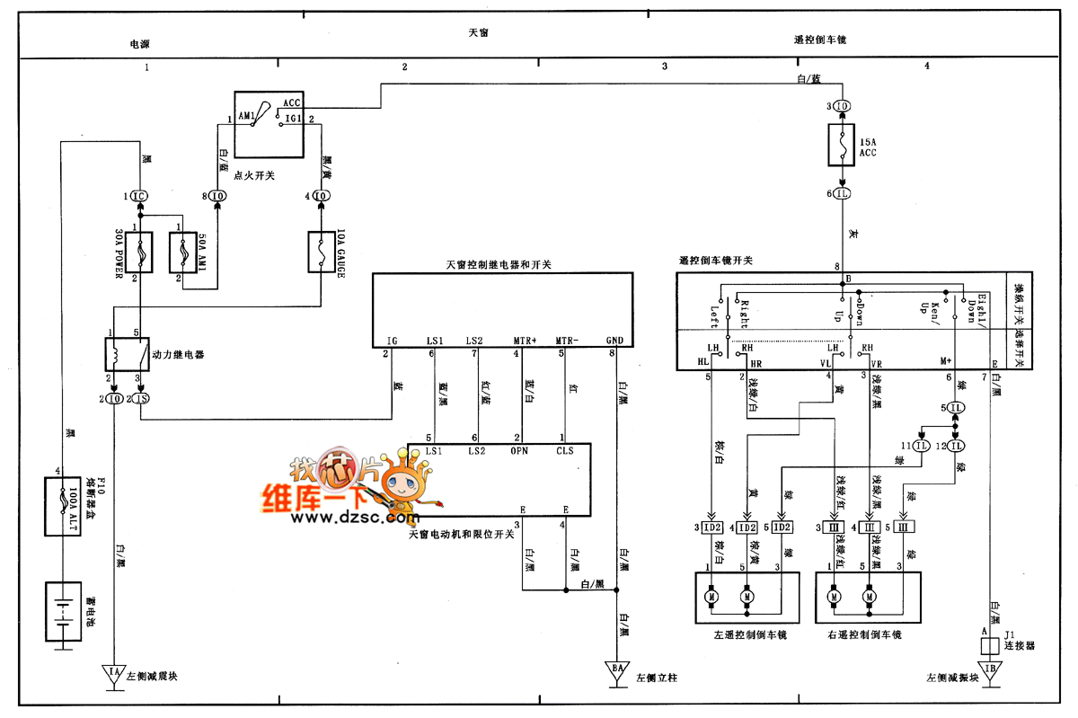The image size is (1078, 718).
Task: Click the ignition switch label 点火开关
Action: coord(253,176)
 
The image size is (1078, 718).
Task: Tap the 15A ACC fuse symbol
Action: coord(841,145)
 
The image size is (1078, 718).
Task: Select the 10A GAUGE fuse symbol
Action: coord(321,254)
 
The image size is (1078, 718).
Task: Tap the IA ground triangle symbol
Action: coord(114,675)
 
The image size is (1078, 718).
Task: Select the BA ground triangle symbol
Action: coord(618,675)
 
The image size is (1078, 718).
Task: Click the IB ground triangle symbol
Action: coord(989,675)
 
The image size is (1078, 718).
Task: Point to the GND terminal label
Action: coord(614,341)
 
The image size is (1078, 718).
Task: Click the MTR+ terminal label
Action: coord(524,341)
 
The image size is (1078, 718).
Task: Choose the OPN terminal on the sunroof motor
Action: coord(518,450)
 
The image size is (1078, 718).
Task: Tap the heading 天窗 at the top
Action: coord(479,32)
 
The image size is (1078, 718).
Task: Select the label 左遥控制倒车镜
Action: coord(750,635)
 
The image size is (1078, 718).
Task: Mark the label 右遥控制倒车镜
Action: coord(864,635)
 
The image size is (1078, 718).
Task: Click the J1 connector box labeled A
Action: coord(989,644)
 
